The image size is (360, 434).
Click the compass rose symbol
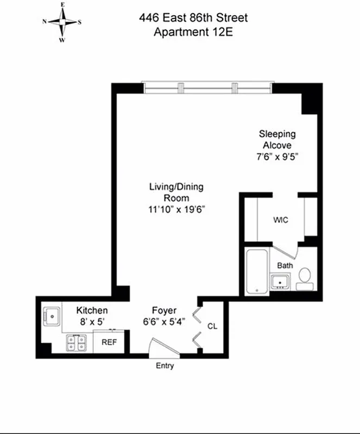[62, 22]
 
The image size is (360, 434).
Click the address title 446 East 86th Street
[193, 18]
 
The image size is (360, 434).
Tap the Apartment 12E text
[193, 31]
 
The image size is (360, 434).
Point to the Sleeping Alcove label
[277, 139]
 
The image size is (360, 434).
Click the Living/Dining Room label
[176, 192]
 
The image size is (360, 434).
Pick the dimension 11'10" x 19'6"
[176, 208]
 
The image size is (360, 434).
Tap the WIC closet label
[280, 220]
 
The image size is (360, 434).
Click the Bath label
[285, 266]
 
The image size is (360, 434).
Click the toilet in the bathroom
[304, 277]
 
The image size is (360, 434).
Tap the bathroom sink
[281, 282]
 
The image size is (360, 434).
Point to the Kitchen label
[92, 311]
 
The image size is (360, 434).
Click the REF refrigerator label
[110, 342]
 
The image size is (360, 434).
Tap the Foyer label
[163, 311]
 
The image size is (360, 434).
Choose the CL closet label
[212, 326]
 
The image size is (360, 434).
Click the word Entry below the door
[165, 366]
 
